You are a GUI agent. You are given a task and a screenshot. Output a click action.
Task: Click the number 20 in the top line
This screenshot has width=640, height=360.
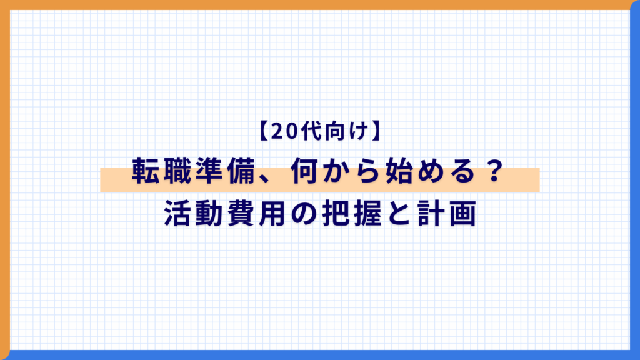(285, 131)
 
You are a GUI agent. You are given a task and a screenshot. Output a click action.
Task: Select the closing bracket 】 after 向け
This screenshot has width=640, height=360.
(376, 131)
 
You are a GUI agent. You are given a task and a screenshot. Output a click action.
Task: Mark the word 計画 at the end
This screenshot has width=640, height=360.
(447, 213)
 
